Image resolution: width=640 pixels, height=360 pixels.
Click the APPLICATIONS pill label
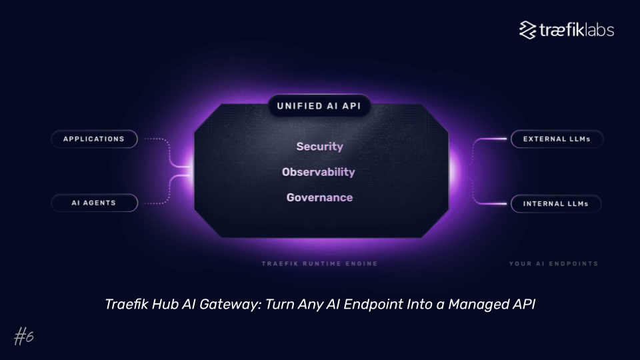click(x=94, y=139)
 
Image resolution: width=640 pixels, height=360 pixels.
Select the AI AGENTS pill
click(x=94, y=203)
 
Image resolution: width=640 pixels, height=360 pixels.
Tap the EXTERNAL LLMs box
click(x=557, y=139)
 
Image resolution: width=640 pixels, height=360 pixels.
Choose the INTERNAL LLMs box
click(x=556, y=204)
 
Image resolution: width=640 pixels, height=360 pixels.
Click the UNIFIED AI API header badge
click(x=319, y=105)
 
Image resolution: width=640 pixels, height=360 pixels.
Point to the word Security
click(x=319, y=147)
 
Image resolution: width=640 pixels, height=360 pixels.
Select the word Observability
click(x=319, y=172)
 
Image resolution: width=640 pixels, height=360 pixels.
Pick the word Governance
click(x=319, y=197)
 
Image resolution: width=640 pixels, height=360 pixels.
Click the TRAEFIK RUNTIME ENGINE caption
click(x=319, y=264)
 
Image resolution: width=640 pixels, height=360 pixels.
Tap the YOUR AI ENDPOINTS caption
click(x=553, y=264)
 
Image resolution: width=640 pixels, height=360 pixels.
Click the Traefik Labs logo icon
click(x=528, y=30)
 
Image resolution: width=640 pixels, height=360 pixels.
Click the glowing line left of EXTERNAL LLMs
click(x=493, y=139)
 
